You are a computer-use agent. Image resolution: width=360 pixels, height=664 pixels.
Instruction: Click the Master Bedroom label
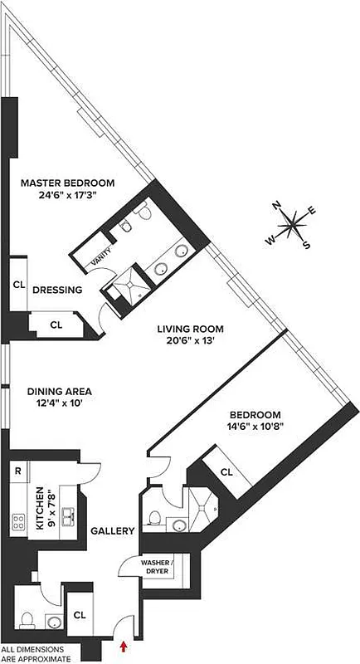click(x=68, y=183)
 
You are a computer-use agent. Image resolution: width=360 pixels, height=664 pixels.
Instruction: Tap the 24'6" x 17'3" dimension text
click(x=68, y=197)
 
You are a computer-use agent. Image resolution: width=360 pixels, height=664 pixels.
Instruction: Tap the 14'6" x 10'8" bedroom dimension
click(x=255, y=428)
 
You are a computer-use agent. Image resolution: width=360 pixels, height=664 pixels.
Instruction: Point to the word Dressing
click(x=57, y=290)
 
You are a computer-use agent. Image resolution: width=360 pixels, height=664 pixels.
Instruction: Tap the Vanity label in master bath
click(x=101, y=262)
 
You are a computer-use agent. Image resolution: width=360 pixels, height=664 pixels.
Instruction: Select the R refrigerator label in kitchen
click(x=17, y=471)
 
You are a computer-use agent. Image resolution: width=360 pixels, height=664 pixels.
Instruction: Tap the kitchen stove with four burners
click(x=17, y=522)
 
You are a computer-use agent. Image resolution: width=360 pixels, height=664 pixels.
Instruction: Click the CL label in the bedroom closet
click(x=227, y=471)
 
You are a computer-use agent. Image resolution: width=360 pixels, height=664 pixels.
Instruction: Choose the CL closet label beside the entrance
click(x=80, y=615)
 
